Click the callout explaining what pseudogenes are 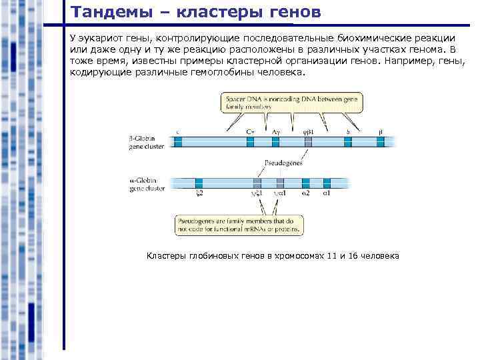239,224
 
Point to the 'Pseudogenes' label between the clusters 284,163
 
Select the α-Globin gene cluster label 147,184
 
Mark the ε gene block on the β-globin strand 178,141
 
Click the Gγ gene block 249,141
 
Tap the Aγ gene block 275,141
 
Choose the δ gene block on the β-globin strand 349,141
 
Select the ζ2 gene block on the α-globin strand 199,183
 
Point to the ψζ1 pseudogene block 257,183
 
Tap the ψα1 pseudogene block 280,183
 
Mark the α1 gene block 327,183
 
